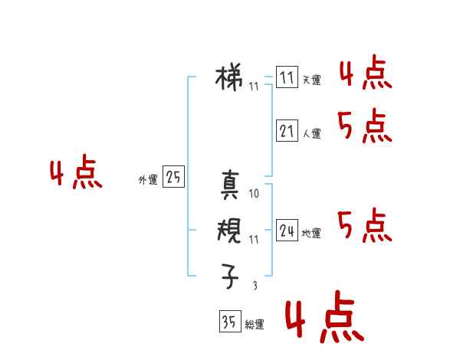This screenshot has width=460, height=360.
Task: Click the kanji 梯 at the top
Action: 231,77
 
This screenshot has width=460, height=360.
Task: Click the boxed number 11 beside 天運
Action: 287,77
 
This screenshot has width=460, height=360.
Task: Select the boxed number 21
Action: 287,131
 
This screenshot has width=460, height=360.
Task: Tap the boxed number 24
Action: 287,231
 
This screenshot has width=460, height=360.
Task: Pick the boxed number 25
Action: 173,178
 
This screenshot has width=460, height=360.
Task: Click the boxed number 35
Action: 229,322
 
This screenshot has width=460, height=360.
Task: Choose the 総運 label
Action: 255,326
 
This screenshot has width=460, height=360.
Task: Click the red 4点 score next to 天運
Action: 365,74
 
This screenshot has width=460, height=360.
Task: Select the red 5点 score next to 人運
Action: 365,126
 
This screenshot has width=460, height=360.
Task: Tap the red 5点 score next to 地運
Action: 364,226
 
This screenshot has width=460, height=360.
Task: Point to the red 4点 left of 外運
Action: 76,175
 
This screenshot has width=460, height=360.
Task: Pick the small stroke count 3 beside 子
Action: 255,286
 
